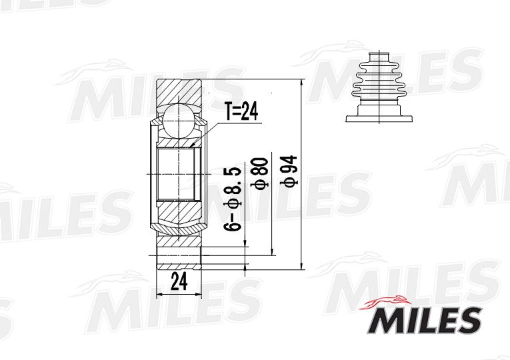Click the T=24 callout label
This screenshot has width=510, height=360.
(241, 111)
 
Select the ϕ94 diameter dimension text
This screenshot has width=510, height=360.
(290, 171)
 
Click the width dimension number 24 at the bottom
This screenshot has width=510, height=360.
(179, 281)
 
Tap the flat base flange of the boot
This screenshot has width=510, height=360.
(377, 119)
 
